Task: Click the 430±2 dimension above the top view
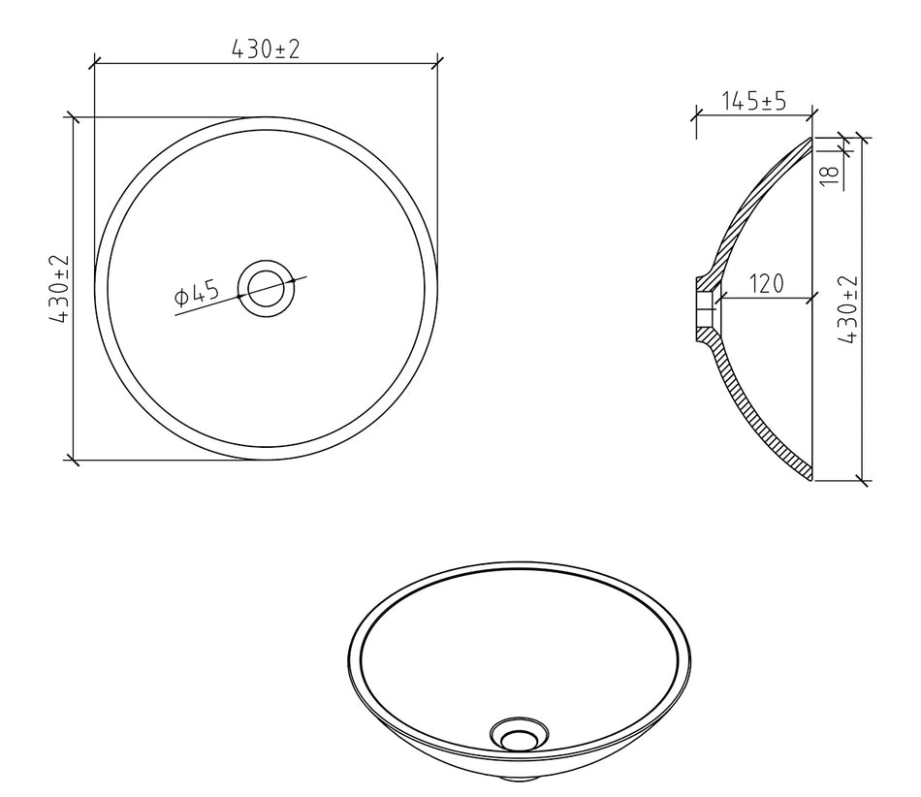click(x=266, y=48)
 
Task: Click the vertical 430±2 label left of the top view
click(x=60, y=288)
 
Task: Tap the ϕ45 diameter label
click(x=198, y=293)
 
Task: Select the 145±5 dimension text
click(x=753, y=101)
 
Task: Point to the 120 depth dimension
click(x=767, y=284)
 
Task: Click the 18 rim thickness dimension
click(x=829, y=175)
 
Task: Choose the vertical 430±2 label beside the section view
click(x=848, y=309)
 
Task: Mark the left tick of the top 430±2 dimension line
click(x=95, y=63)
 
